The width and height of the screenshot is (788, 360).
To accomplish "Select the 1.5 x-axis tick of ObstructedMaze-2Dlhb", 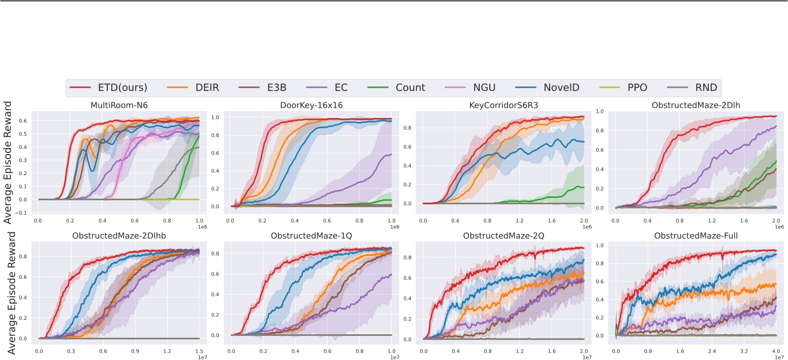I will click(199, 347).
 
